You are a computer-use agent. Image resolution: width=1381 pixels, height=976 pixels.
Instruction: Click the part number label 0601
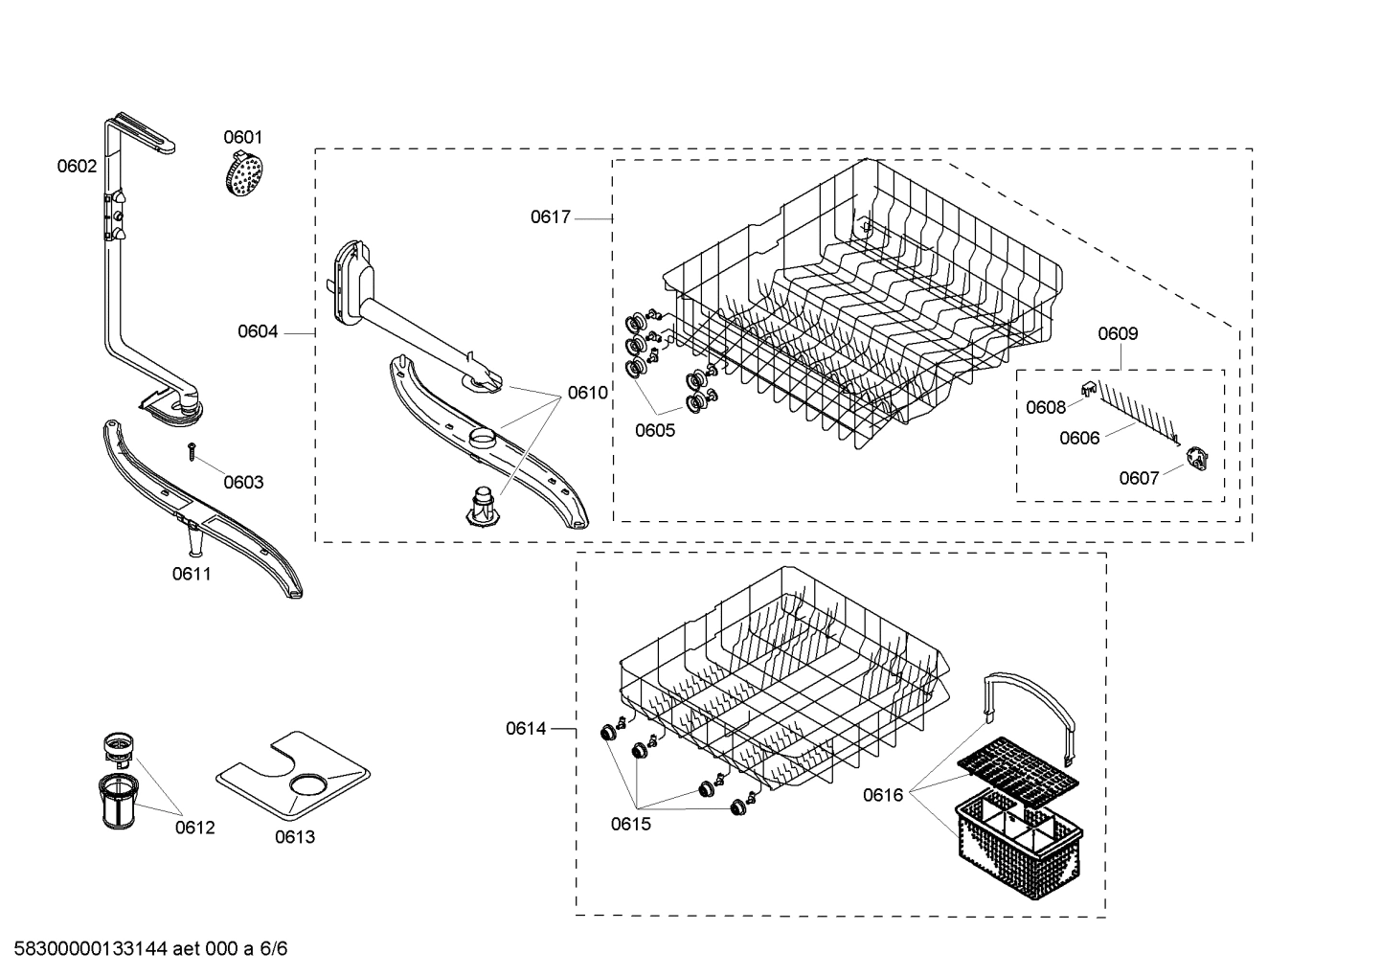coord(242,137)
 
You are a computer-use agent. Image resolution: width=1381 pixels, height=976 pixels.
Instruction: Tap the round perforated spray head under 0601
coord(243,174)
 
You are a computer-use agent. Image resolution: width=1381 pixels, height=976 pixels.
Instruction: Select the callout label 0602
coord(77,166)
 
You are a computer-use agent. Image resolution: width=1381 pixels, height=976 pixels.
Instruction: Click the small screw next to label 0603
coord(192,449)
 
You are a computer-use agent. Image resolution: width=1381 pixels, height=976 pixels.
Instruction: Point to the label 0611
coord(192,574)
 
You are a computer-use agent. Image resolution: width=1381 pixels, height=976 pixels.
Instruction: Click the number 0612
coord(194,828)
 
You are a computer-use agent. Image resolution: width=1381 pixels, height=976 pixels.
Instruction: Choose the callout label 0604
coord(258,331)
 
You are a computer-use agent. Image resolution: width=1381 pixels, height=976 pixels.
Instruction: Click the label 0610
coord(587,392)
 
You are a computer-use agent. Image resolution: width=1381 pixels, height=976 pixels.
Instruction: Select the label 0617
coord(551,217)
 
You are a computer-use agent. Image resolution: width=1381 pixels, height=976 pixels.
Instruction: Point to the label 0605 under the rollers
coord(655,430)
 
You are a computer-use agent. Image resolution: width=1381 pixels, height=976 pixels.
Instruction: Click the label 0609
coord(1118,333)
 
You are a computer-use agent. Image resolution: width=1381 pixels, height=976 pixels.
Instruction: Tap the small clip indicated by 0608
coord(1088,386)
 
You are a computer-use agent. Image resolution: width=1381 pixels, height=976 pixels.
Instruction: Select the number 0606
coord(1079,438)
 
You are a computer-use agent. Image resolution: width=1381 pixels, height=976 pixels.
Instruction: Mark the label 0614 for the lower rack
coord(526,729)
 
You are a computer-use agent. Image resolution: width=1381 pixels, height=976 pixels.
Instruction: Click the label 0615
coord(631,824)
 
